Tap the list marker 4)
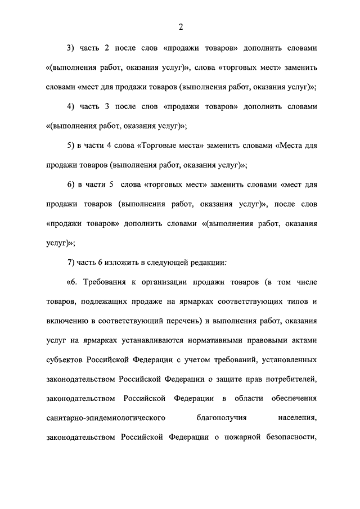71,106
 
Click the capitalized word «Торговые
155,146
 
